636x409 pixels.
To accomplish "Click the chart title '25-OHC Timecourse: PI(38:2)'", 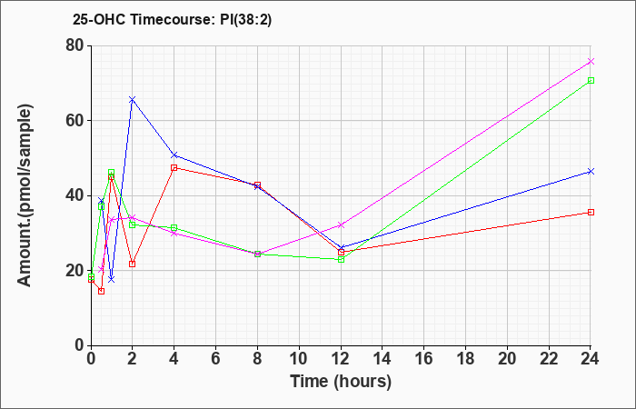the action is pos(172,20).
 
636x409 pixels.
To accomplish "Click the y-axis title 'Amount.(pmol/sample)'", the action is pos(25,195).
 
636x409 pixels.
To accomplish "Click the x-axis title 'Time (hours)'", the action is pos(341,382).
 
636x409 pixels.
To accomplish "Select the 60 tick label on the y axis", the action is pos(75,121).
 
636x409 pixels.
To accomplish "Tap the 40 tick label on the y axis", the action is pos(75,195).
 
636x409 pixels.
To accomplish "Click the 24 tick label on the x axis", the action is pos(590,359).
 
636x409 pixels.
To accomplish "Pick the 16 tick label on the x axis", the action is pos(423,359).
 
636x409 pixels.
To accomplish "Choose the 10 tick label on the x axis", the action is pos(299,359).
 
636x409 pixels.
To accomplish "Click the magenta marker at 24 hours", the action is pos(591,61).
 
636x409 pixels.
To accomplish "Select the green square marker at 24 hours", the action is pos(591,80).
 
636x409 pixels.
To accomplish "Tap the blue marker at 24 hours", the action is pos(591,171).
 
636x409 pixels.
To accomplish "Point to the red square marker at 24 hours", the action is pos(591,212).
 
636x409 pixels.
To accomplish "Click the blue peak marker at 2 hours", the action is pos(133,99).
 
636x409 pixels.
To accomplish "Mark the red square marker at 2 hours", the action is pos(133,264).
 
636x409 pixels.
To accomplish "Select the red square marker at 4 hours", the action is pos(174,167).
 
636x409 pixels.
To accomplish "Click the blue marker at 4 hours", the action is pos(174,155).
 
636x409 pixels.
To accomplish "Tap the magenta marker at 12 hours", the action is pos(341,224).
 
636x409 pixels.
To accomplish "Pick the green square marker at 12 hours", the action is pos(341,259).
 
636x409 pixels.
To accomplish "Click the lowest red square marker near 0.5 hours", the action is pos(102,291).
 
